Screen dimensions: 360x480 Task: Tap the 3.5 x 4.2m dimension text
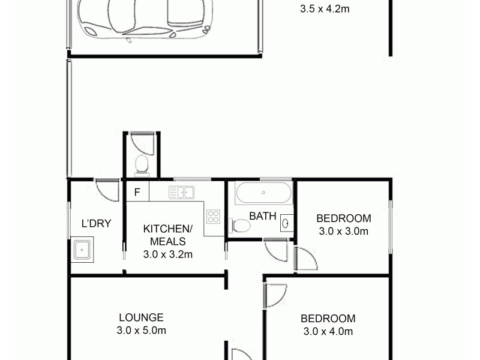coord(324,9)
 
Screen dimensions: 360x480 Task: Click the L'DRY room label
coord(96,224)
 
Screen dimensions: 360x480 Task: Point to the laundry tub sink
coord(83,249)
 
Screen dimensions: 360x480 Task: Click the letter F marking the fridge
coord(137,193)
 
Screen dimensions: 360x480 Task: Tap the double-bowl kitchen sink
coord(181,193)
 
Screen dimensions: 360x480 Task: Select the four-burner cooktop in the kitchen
coord(213,217)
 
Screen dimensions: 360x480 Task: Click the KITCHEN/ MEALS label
coord(167,235)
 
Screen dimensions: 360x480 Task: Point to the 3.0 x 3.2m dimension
coord(167,254)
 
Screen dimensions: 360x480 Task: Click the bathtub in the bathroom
coord(263,193)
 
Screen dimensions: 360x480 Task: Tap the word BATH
coord(263,216)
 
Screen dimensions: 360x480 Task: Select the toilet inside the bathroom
coord(240,226)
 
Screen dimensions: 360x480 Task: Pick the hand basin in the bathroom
coord(286,223)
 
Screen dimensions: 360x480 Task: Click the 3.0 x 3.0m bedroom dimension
coord(343,230)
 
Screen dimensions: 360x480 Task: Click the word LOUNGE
coord(141,317)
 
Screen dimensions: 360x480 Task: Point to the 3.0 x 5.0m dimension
coord(141,331)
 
